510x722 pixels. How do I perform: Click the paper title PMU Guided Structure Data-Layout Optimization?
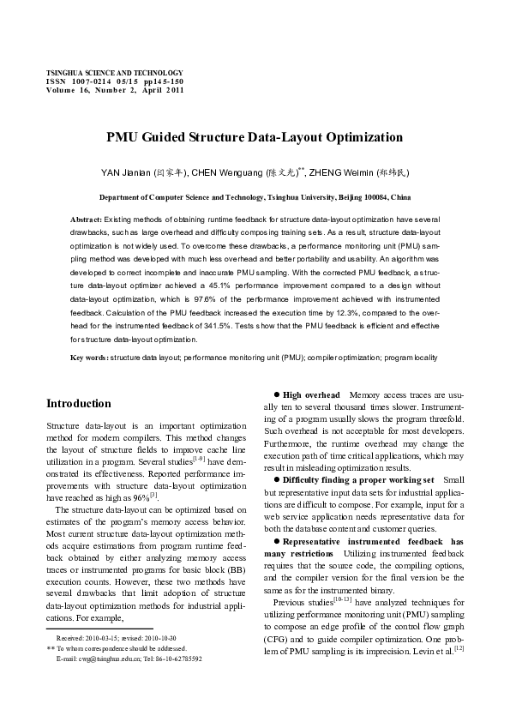click(254, 137)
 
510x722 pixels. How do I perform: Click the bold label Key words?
click(89, 357)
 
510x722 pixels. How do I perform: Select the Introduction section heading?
click(79, 404)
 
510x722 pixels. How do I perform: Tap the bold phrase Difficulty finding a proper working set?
click(358, 480)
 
